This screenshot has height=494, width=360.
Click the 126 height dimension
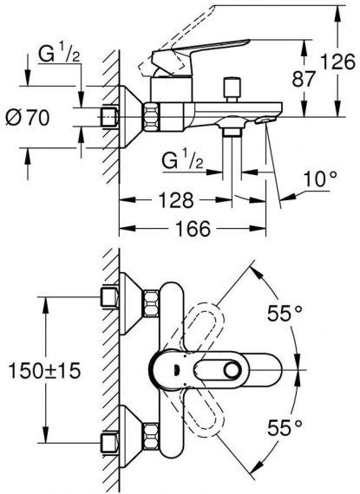[x=337, y=62]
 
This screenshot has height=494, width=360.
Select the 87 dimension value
[x=304, y=79]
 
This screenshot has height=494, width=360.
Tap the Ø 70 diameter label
[x=28, y=118]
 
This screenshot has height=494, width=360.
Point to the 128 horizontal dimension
[x=175, y=199]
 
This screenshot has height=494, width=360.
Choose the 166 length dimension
[x=193, y=229]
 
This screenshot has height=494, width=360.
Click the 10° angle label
[x=320, y=179]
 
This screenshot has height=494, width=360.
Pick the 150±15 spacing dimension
[x=44, y=371]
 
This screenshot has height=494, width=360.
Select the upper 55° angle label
[x=285, y=313]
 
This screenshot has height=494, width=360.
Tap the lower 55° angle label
[x=285, y=427]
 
